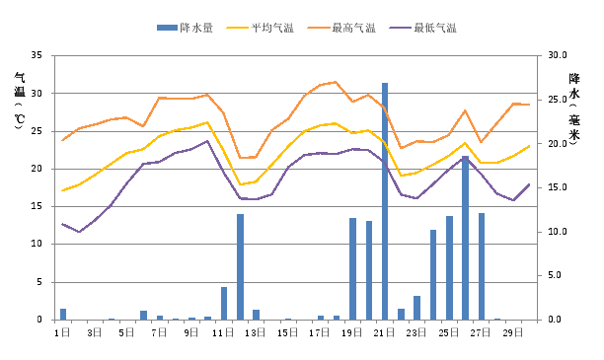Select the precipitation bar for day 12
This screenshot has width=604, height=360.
[240, 266]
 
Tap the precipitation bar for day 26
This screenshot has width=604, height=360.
[465, 238]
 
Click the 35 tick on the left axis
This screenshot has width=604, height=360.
[37, 55]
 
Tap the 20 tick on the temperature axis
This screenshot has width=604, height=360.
[37, 169]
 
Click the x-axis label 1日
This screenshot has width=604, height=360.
[62, 333]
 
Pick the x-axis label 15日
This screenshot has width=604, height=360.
[287, 333]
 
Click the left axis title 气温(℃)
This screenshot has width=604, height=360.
[20, 99]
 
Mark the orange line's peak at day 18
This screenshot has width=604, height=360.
[337, 82]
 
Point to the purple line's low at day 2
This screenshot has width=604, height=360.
[79, 232]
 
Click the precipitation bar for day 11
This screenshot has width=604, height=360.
[224, 303]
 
